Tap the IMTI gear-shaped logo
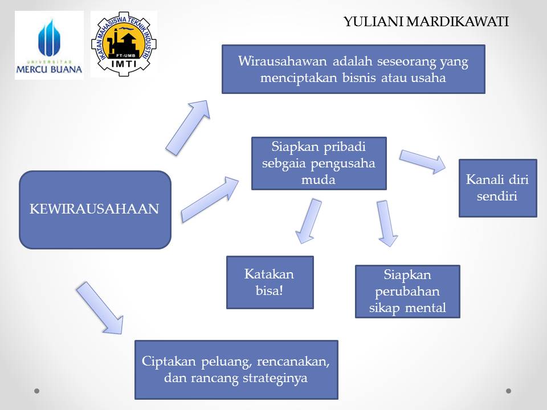[x=124, y=44]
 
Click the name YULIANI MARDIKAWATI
[x=426, y=22]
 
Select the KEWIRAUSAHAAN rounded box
[x=95, y=210]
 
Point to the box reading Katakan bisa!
[x=270, y=282]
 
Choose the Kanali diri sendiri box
[x=497, y=188]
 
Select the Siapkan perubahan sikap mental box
[x=407, y=292]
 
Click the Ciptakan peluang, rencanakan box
[x=236, y=370]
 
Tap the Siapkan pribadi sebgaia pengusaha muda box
[x=319, y=163]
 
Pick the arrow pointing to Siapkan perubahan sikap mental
[x=386, y=223]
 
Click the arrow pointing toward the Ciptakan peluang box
[x=100, y=307]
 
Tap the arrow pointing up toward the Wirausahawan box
[x=187, y=126]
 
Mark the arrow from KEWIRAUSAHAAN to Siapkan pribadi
[x=210, y=199]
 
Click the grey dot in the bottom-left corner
[x=37, y=391]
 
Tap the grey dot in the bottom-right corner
[x=509, y=391]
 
